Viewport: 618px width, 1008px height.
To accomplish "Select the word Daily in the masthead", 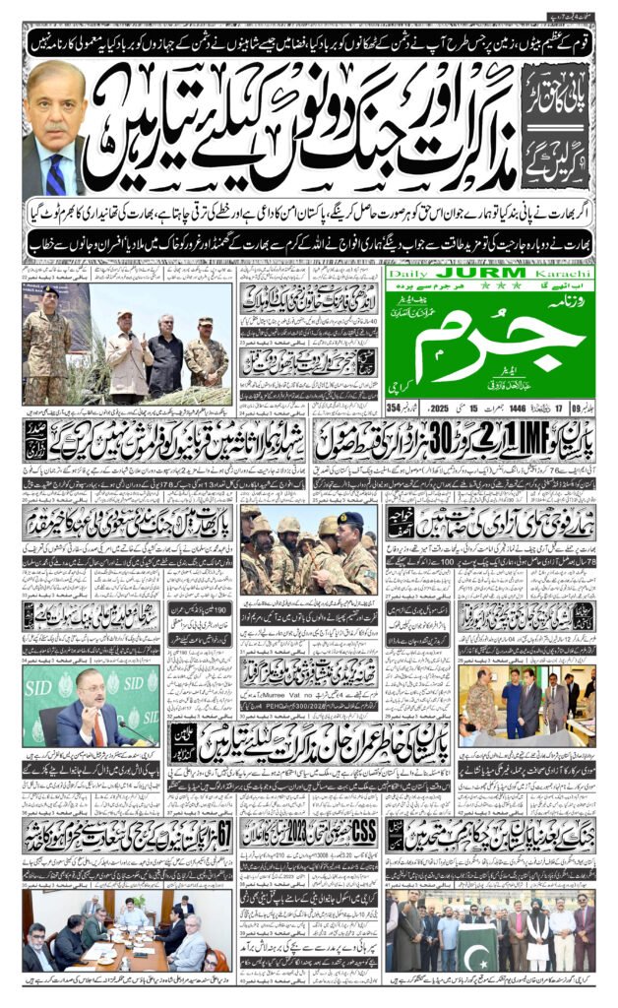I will point(407,272).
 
